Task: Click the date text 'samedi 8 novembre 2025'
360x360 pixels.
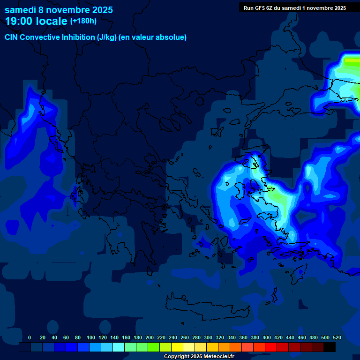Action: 59,10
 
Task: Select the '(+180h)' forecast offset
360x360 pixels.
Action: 83,21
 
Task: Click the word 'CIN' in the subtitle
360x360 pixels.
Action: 12,37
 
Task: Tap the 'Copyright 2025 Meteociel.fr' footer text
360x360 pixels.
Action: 199,357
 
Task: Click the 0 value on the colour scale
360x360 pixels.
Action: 30,337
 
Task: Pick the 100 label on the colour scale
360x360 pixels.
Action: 91,337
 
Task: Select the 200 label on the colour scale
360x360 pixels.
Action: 150,337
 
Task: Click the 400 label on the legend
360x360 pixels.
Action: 267,337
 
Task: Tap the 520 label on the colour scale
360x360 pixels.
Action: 337,337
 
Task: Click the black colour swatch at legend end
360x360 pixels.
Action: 330,347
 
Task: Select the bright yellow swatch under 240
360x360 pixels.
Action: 177,347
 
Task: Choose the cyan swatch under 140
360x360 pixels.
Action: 119,347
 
